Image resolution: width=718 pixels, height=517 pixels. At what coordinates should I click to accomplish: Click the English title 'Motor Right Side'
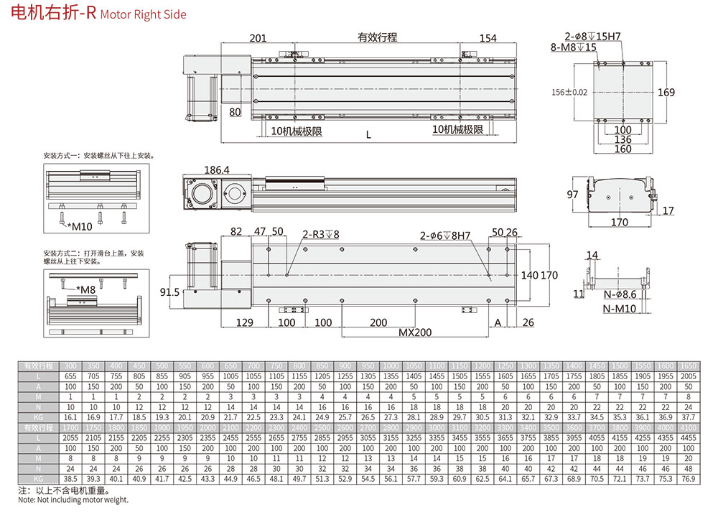pyautogui.click(x=143, y=14)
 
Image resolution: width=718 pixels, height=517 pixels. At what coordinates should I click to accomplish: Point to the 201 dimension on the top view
pyautogui.click(x=258, y=38)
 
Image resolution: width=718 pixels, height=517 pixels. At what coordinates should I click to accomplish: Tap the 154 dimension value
pyautogui.click(x=488, y=38)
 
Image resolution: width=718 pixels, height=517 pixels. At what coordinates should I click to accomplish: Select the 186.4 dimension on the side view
pyautogui.click(x=217, y=170)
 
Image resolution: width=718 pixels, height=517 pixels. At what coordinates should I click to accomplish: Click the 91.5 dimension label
pyautogui.click(x=169, y=292)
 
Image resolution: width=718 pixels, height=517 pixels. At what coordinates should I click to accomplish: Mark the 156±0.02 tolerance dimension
pyautogui.click(x=569, y=92)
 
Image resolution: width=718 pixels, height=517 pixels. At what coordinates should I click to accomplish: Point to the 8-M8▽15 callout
pyautogui.click(x=574, y=47)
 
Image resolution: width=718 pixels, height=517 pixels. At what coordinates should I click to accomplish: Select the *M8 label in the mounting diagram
pyautogui.click(x=87, y=290)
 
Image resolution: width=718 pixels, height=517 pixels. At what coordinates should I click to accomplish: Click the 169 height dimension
pyautogui.click(x=666, y=92)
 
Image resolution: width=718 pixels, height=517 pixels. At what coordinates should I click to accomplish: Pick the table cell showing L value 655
pyautogui.click(x=71, y=376)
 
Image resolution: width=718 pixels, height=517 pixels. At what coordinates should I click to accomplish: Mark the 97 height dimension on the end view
pyautogui.click(x=572, y=195)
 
